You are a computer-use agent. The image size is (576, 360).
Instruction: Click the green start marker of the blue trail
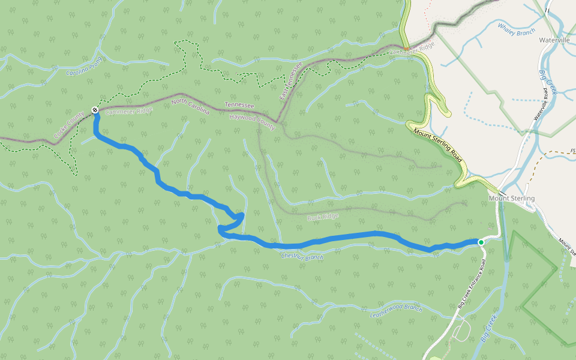pos(481,242)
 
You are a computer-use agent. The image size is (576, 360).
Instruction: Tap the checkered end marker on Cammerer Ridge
pos(95,110)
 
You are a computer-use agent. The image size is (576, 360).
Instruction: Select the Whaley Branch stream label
pos(516,29)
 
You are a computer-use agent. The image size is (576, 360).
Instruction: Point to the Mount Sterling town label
pos(511,199)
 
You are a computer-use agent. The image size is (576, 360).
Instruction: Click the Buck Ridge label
pos(323,217)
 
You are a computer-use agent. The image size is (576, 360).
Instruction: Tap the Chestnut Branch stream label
pos(302,257)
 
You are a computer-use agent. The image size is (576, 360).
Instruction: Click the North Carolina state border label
pos(190,107)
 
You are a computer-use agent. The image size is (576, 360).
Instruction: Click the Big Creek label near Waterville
pos(548,83)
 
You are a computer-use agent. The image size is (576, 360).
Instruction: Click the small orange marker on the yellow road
pos(406,49)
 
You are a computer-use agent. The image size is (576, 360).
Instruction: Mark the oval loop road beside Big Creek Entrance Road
pos(461,329)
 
